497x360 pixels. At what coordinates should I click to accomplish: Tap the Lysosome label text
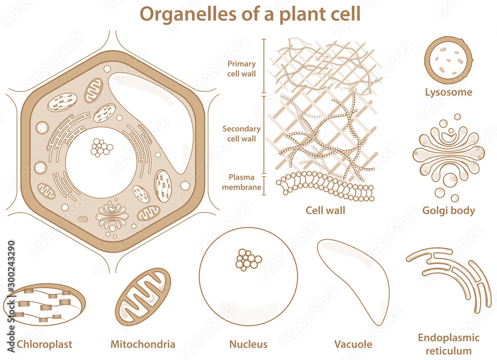448,92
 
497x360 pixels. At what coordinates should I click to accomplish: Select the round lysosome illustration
448,60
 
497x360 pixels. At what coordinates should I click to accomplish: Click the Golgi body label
448,211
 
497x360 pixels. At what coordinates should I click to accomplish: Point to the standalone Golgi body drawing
448,154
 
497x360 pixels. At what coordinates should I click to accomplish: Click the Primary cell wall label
242,69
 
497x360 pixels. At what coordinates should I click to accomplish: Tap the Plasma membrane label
241,182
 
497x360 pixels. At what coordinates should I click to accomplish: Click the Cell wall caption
325,211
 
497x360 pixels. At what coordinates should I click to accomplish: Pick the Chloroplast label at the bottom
44,344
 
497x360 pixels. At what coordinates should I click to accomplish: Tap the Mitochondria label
143,344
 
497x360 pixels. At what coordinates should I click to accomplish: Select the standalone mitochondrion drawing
143,297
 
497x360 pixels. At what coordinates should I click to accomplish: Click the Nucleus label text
248,344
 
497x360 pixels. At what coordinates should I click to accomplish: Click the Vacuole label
353,344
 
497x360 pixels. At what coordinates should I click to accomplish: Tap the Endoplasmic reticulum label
448,344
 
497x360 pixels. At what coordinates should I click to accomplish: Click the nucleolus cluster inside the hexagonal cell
102,147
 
